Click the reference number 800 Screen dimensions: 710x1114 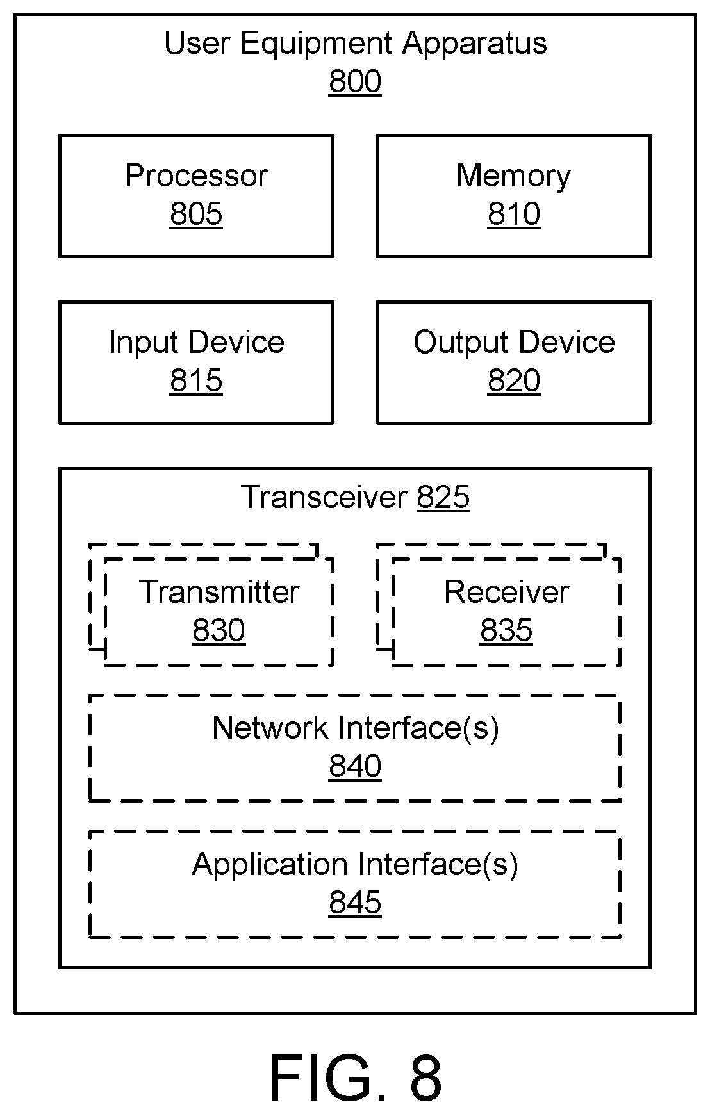[x=355, y=82]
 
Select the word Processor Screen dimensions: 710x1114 [x=196, y=176]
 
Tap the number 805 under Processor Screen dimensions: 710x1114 [x=196, y=214]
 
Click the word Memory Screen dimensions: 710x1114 [x=513, y=176]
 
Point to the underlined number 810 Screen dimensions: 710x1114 [x=513, y=214]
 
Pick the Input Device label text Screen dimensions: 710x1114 [x=196, y=343]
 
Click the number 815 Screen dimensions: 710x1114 [x=196, y=381]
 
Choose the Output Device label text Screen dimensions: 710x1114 [x=514, y=342]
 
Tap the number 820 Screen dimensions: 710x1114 [x=513, y=381]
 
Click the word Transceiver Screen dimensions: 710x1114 [x=324, y=497]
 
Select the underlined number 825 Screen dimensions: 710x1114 [x=443, y=497]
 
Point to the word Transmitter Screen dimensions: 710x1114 [x=219, y=592]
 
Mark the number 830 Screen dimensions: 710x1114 [x=219, y=630]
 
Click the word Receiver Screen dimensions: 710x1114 [x=506, y=592]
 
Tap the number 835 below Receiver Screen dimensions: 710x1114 [x=506, y=630]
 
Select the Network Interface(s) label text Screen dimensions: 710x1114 [x=355, y=728]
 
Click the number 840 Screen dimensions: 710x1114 [x=355, y=766]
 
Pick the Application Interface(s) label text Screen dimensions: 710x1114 [x=355, y=865]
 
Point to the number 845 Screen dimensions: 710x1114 [x=355, y=903]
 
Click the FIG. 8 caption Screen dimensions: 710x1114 [x=355, y=1077]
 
